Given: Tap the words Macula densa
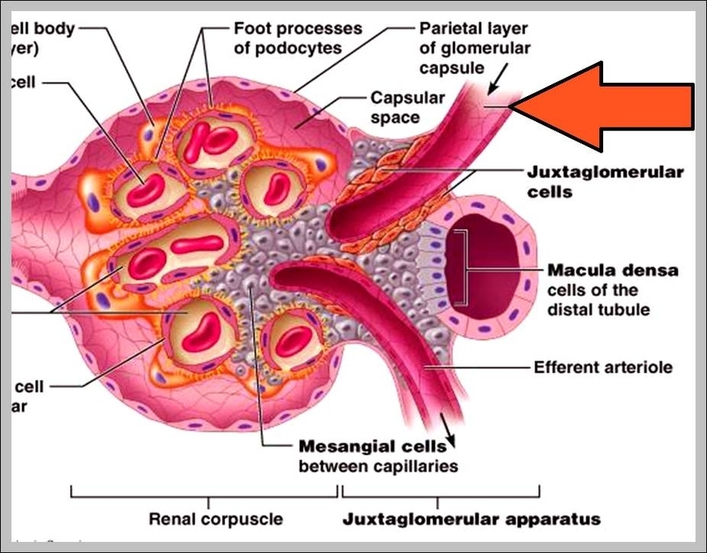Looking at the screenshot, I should point(613,270).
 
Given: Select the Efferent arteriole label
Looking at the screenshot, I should point(602,367).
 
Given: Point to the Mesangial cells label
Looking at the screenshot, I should point(372,447).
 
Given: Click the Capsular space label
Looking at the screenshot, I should point(407,108).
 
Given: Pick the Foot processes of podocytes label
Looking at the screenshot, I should point(298,38).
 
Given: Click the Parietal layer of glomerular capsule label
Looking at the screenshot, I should point(474,48).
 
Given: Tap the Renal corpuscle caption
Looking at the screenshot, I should point(215,519).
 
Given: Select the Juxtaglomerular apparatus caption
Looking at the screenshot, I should point(471,519).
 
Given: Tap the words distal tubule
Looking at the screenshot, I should point(598,309).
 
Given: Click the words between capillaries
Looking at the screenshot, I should point(377,466).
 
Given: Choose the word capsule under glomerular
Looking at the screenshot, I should point(451,68).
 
